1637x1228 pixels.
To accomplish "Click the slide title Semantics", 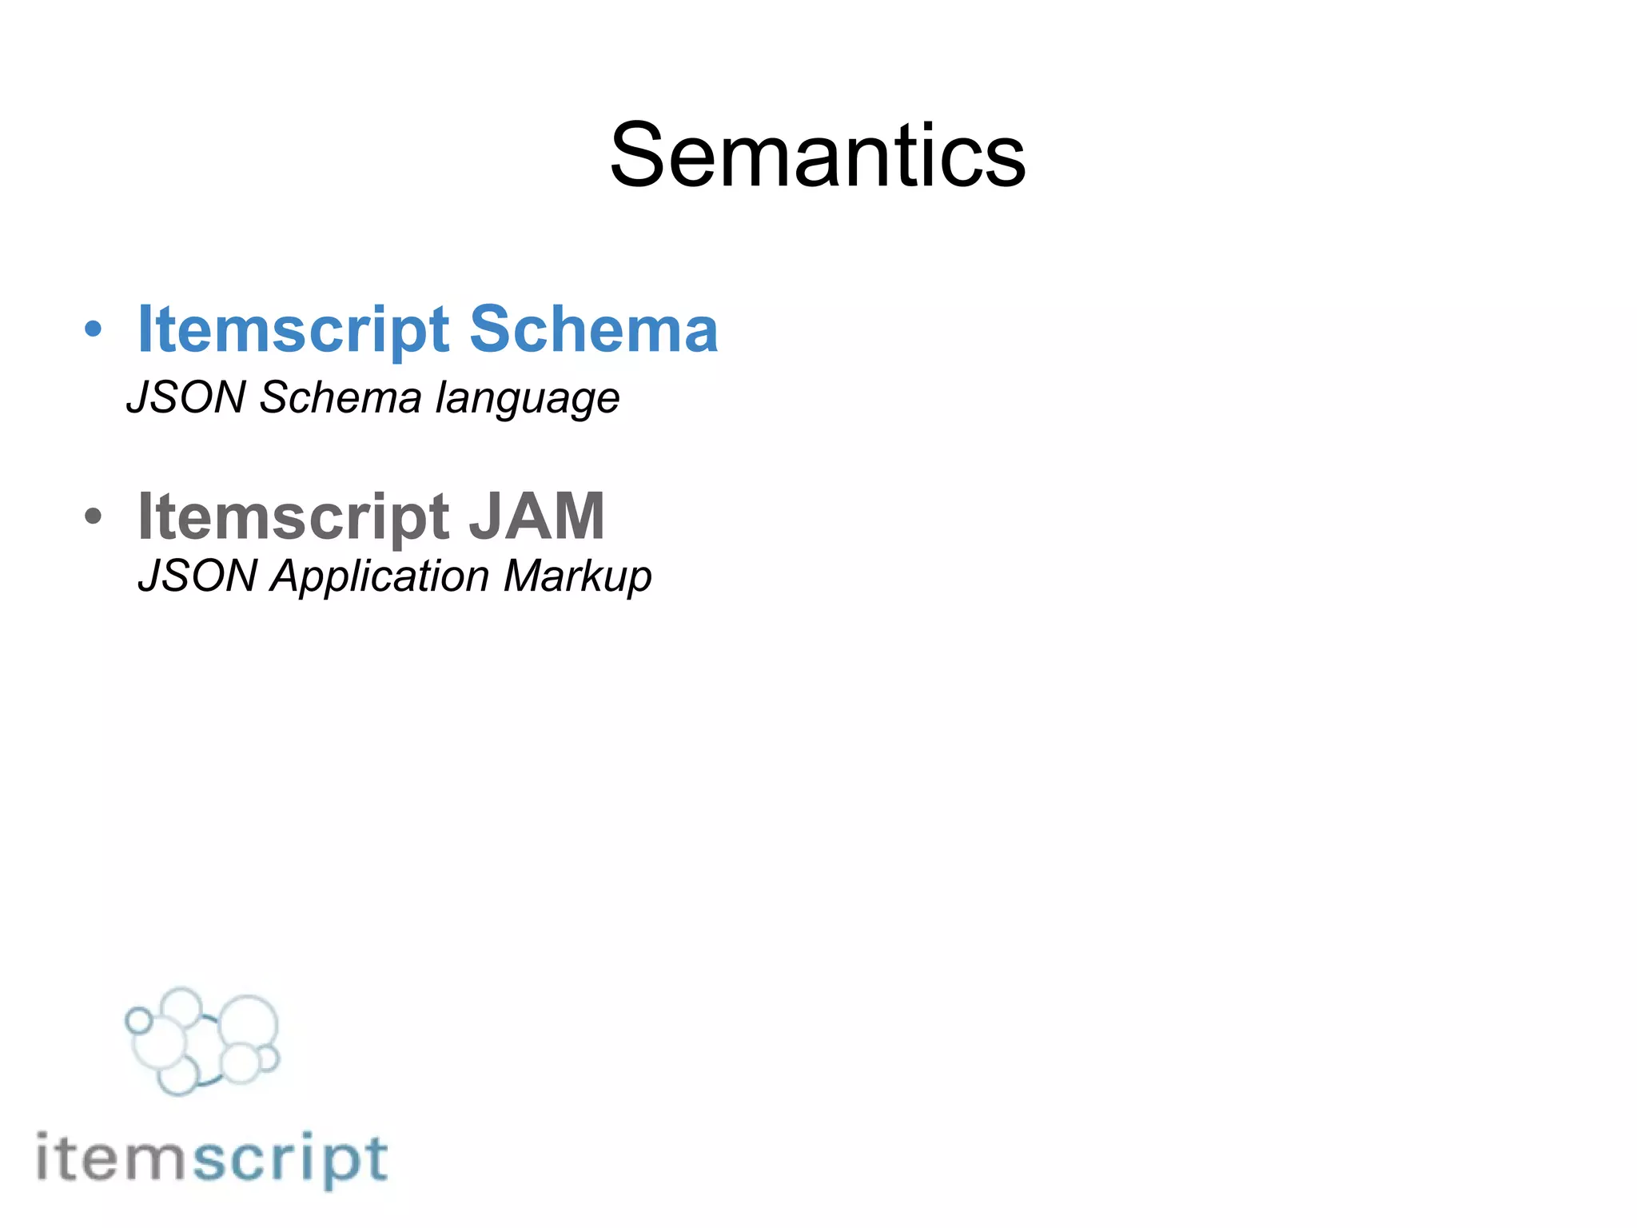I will pos(817,155).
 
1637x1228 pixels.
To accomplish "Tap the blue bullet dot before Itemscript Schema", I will pos(94,329).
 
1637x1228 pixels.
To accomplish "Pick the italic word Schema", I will pos(341,397).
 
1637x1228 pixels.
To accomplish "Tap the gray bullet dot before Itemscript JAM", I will pos(94,516).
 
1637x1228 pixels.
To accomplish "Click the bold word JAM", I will pos(536,516).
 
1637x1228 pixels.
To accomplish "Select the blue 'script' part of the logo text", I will pos(291,1160).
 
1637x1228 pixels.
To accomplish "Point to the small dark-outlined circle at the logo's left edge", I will pos(139,1020).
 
